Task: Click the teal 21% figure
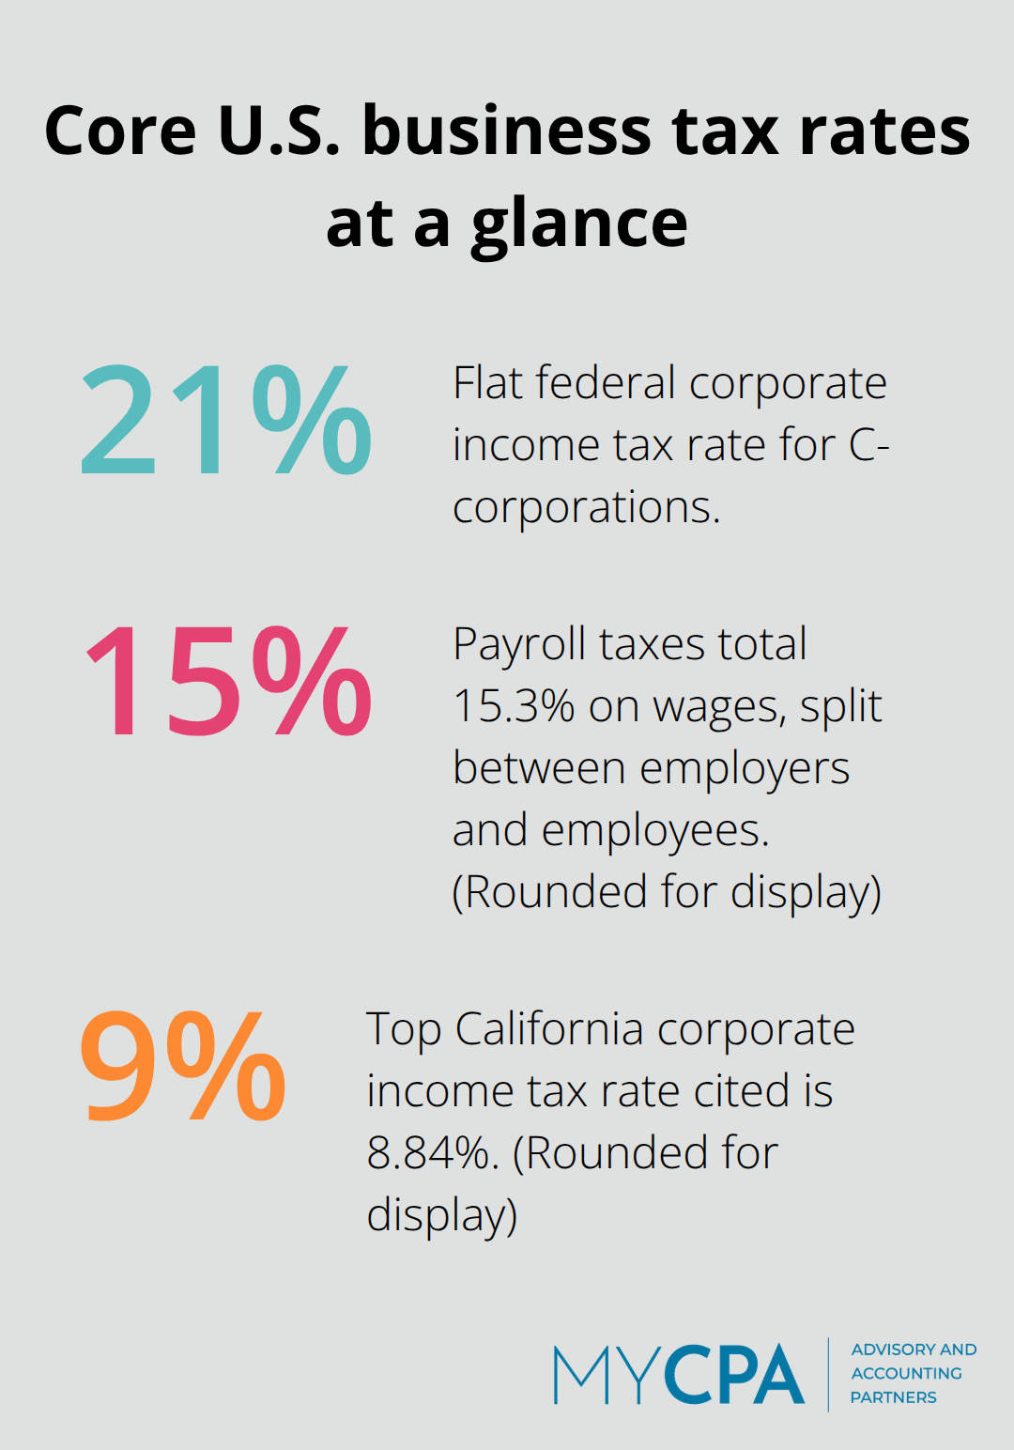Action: coord(225,421)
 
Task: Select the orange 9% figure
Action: coord(183,1067)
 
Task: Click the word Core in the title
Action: coord(120,131)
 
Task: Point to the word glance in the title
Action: coord(579,224)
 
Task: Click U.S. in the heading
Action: coord(279,131)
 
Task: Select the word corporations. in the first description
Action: coord(586,508)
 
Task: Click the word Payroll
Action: coord(519,645)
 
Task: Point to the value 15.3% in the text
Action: coord(513,706)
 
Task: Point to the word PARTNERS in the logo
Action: coord(893,1397)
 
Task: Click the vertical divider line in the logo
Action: coord(828,1374)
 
